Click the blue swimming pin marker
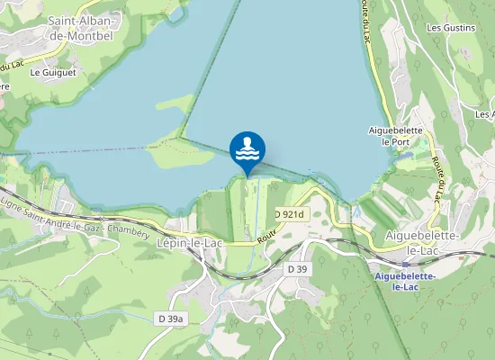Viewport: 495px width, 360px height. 247,151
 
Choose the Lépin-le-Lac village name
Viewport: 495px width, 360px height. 189,243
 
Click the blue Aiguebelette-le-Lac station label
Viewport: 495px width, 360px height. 409,281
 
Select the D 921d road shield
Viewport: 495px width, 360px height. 290,214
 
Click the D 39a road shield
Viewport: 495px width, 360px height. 169,319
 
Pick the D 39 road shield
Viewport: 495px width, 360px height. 298,269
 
